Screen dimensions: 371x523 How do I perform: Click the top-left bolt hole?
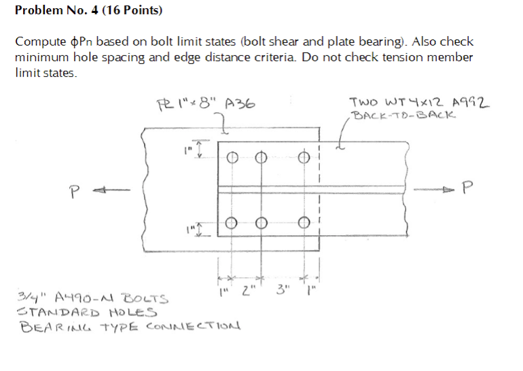[231, 157]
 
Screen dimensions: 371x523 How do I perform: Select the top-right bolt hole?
[305, 157]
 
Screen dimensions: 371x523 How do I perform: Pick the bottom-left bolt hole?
[231, 222]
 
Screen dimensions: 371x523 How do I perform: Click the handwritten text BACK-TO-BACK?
[405, 115]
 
